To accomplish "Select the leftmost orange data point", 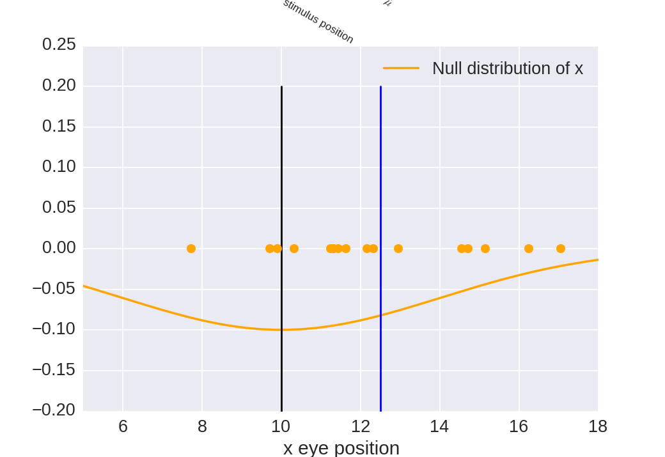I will [191, 249].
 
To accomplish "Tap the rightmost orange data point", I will [561, 249].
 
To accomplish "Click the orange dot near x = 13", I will [398, 249].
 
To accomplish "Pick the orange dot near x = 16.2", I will [529, 249].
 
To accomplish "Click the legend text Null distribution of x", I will [507, 68].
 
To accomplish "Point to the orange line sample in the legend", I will [401, 68].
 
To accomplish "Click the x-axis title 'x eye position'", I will [341, 447].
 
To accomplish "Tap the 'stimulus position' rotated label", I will [318, 21].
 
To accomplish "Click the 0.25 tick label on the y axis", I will [59, 45].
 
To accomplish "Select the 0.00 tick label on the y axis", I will [59, 248].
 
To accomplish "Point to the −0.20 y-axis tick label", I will [54, 410].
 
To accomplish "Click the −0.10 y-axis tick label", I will [54, 329].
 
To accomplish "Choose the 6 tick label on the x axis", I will [123, 426].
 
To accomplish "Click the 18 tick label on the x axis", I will [597, 426].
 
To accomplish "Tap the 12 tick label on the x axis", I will [360, 426].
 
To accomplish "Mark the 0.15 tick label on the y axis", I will [59, 126].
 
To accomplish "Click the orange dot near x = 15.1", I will [485, 249].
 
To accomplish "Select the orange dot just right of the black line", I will [294, 249].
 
